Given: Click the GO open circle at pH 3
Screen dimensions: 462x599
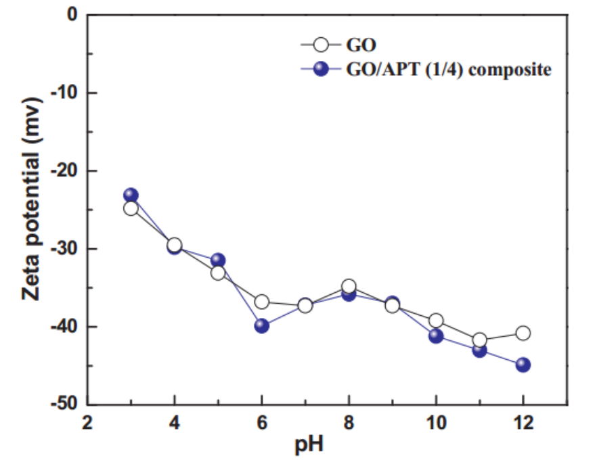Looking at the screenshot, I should pos(131,208).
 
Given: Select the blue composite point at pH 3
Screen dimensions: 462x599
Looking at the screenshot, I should pos(131,195).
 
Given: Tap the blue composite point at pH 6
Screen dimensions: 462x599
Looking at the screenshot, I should pos(261,325).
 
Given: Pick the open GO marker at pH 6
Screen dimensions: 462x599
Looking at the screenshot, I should pos(261,302).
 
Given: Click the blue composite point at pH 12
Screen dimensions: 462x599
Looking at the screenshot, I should pos(523,365).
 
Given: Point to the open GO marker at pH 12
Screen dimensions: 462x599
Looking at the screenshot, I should pos(523,333).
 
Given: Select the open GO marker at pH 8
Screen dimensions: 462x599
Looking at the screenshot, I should pos(349,286).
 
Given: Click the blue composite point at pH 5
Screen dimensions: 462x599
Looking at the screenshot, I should pos(218,260).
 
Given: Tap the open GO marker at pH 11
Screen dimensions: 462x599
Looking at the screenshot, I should pos(479,340).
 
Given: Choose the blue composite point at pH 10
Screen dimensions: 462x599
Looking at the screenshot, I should pos(436,336).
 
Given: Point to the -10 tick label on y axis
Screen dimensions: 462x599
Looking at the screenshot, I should pos(64,93).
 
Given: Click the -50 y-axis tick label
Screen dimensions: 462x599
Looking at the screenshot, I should pos(64,405).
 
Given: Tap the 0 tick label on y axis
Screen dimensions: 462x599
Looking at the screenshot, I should pos(73,14).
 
